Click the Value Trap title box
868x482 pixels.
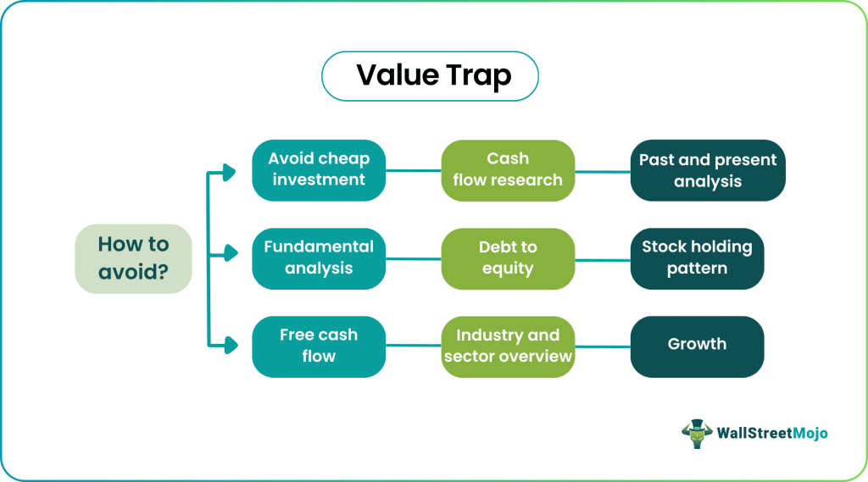[x=430, y=76]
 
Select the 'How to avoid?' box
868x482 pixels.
[x=133, y=258]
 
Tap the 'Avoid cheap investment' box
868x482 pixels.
[x=319, y=169]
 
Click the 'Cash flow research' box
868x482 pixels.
[x=508, y=169]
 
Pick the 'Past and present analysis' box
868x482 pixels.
[x=708, y=170]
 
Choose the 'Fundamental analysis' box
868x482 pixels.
[x=319, y=258]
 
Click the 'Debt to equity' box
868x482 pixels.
[x=508, y=258]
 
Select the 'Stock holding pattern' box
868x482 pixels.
[x=697, y=258]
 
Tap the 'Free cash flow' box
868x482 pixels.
[x=319, y=346]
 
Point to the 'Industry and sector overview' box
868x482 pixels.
[x=508, y=346]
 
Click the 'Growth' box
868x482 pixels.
[x=697, y=346]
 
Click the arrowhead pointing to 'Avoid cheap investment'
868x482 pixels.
[x=229, y=172]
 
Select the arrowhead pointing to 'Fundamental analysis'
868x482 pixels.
[x=229, y=253]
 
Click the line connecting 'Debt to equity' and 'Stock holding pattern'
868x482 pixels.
[x=603, y=258]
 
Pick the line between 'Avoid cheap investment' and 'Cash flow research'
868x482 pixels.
[x=414, y=170]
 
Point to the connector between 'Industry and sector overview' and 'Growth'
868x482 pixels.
[x=603, y=346]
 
